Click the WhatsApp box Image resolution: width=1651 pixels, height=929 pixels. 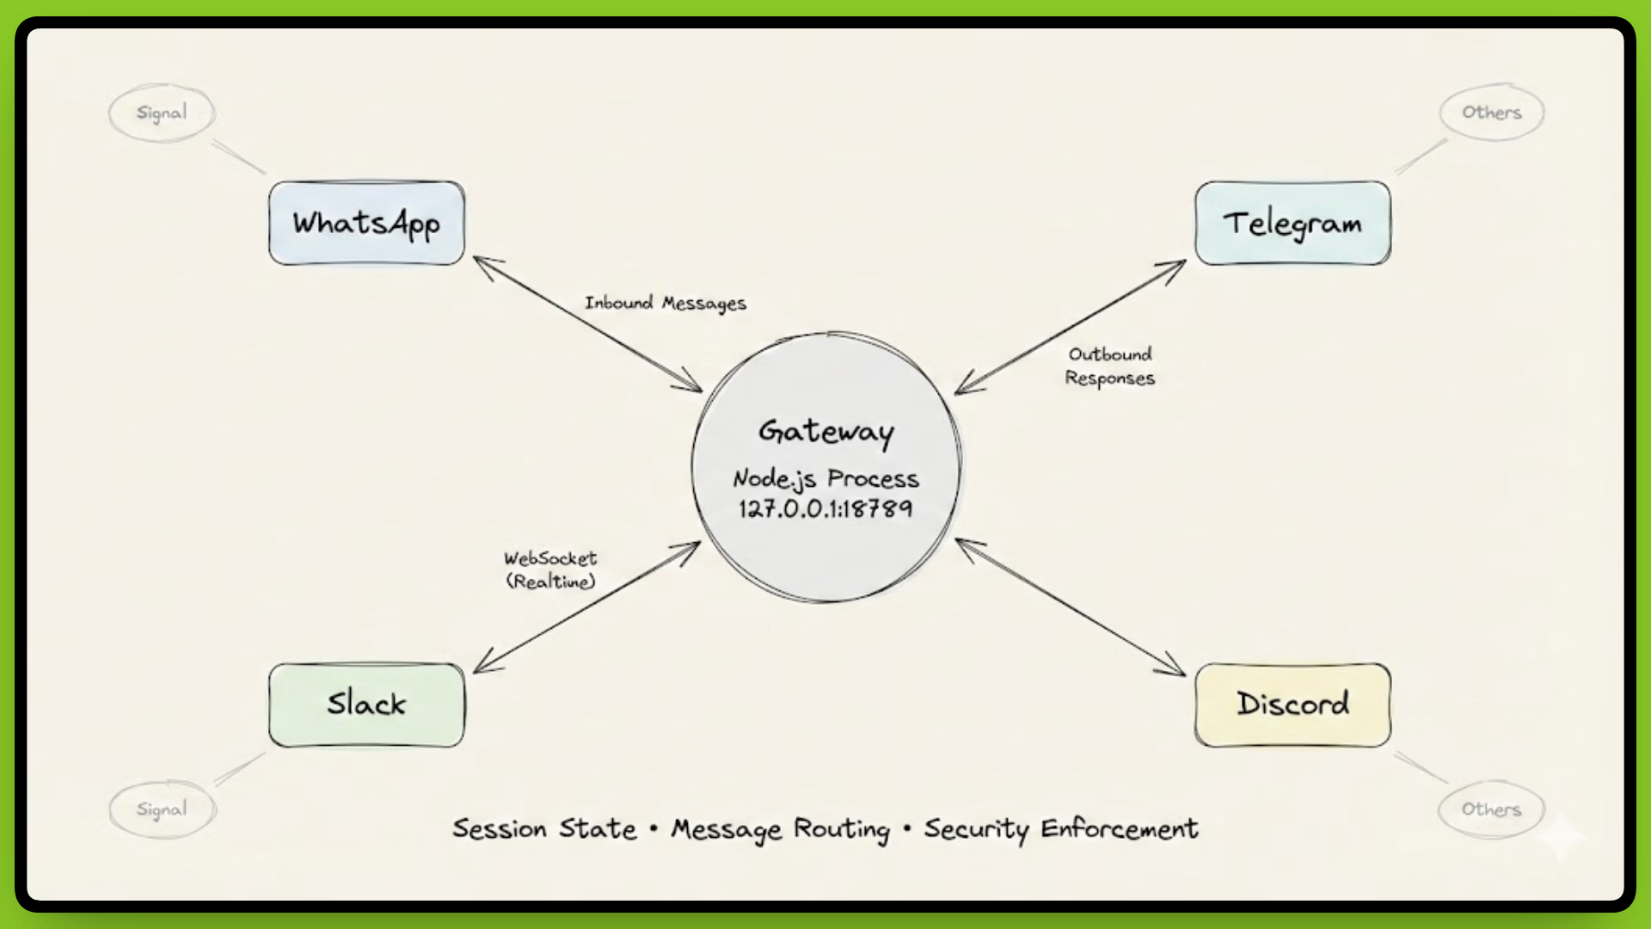[x=366, y=223]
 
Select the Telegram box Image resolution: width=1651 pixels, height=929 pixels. [x=1292, y=223]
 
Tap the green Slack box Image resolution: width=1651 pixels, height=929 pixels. [x=366, y=704]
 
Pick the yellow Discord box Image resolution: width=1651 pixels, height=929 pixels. [x=1292, y=704]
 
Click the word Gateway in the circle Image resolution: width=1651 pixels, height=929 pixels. [x=825, y=431]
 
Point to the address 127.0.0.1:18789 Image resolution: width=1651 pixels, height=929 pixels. [x=825, y=508]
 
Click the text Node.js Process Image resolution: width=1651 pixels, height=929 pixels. [x=825, y=479]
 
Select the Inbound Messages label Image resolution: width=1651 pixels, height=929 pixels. [x=666, y=303]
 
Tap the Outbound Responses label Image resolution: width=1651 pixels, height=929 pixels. [x=1110, y=366]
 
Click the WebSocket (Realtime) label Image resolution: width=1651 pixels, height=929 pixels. [x=550, y=570]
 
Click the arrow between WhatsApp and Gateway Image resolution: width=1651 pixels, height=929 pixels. [x=587, y=324]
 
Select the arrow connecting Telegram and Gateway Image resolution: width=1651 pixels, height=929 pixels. [x=1071, y=327]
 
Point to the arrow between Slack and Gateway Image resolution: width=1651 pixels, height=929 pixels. [x=587, y=606]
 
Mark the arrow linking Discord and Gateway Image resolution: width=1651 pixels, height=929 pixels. [x=1071, y=607]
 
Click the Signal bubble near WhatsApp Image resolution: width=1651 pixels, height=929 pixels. [x=162, y=113]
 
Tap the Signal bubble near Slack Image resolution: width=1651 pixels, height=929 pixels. [x=162, y=809]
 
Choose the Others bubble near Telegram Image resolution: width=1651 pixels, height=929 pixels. [x=1492, y=113]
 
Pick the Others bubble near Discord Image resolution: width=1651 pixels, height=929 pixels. [x=1492, y=809]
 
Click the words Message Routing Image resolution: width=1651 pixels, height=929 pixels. [x=780, y=829]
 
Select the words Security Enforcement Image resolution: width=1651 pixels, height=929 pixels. [x=1060, y=829]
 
